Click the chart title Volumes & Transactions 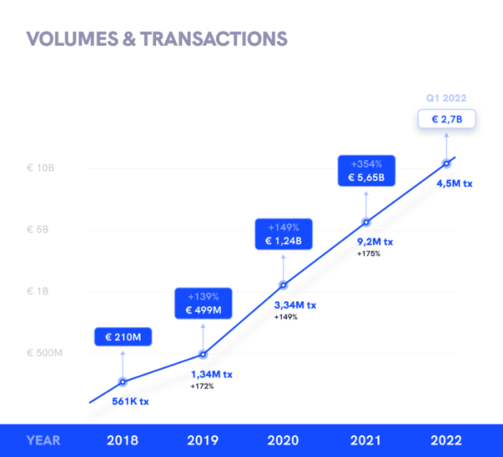[x=157, y=39]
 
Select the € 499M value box [x=202, y=304]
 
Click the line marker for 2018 [x=122, y=382]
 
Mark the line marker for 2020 [x=283, y=285]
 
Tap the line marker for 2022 [x=446, y=163]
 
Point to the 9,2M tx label [x=375, y=241]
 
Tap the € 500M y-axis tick [x=43, y=353]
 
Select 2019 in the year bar [x=202, y=440]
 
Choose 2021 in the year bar [x=366, y=440]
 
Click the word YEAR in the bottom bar [x=43, y=440]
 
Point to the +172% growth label [x=202, y=386]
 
